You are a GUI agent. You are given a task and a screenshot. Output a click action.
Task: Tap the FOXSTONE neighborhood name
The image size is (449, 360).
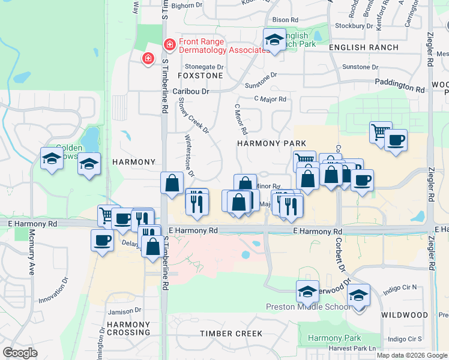click(x=200, y=76)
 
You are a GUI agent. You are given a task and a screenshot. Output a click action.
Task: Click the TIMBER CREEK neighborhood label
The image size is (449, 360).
click(x=232, y=334)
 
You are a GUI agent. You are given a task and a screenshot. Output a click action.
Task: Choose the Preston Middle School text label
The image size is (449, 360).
click(x=309, y=307)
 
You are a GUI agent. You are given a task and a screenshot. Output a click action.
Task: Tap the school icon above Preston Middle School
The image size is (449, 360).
click(x=307, y=292)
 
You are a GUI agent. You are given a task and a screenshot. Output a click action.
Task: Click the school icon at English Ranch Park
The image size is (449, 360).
click(x=274, y=40)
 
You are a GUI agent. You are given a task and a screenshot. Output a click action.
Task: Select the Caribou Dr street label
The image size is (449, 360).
click(x=190, y=91)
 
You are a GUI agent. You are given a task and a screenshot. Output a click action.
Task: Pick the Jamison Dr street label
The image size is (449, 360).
click(x=124, y=311)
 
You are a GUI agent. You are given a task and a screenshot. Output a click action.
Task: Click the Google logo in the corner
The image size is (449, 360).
click(x=20, y=353)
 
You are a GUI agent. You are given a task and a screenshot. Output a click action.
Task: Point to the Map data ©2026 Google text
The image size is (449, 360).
click(x=412, y=355)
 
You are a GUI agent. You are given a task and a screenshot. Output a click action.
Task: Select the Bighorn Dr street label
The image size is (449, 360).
click(x=187, y=5)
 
